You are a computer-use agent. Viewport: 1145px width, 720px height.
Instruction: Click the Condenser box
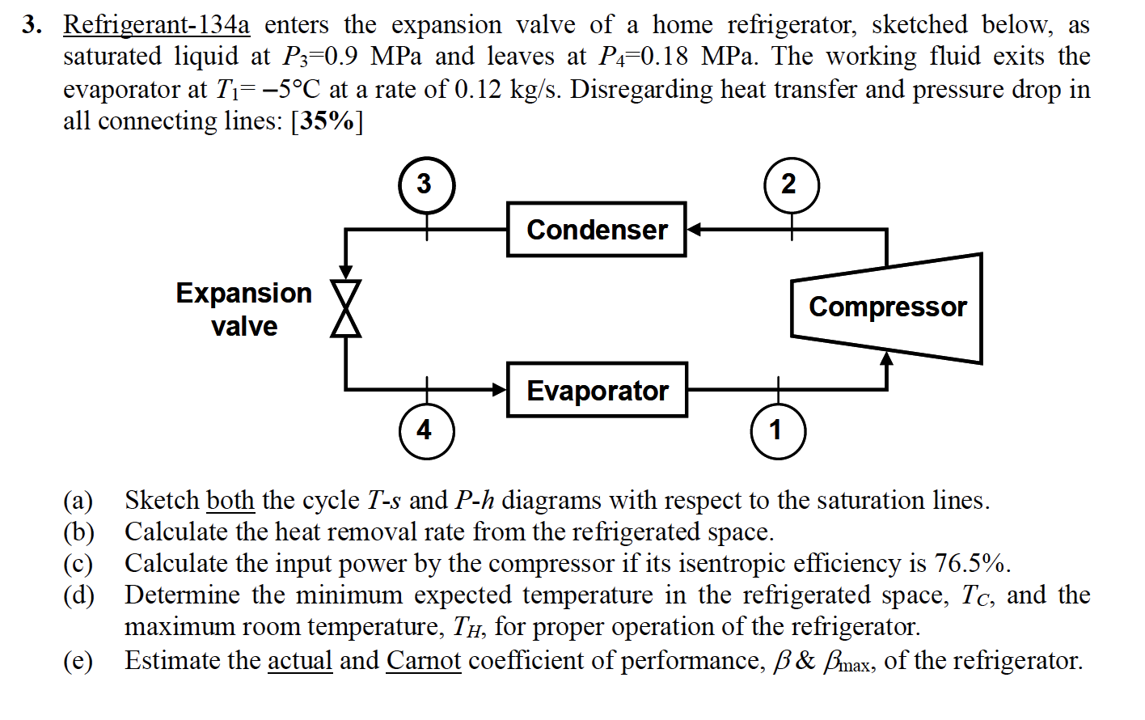click(596, 230)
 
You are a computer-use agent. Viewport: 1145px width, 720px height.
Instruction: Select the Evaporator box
click(597, 390)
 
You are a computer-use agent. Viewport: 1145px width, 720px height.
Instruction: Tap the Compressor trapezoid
click(887, 307)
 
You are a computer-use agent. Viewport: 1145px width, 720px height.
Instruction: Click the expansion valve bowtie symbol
click(346, 308)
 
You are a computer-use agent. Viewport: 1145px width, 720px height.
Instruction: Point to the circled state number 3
click(426, 184)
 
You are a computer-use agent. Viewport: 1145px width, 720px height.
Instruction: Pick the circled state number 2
click(791, 184)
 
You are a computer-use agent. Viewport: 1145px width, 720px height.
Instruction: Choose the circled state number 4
click(426, 430)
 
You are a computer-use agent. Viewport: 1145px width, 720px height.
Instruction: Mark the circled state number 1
click(777, 430)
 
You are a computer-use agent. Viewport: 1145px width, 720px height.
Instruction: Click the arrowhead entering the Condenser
click(694, 230)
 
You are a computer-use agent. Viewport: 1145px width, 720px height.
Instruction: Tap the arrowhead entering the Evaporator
click(500, 390)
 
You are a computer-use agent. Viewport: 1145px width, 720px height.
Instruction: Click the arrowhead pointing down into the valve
click(346, 273)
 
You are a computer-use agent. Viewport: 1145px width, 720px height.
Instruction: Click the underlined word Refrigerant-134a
click(156, 25)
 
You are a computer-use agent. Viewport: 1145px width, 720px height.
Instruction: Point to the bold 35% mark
click(327, 121)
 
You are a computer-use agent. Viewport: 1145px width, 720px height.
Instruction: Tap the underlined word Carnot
click(423, 660)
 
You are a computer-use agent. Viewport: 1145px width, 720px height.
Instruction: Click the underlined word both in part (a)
click(230, 500)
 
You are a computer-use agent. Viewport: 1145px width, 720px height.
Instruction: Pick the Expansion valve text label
click(244, 309)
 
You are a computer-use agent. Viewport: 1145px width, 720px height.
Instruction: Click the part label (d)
click(78, 595)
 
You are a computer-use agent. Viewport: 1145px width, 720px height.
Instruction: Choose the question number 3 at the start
click(32, 25)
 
